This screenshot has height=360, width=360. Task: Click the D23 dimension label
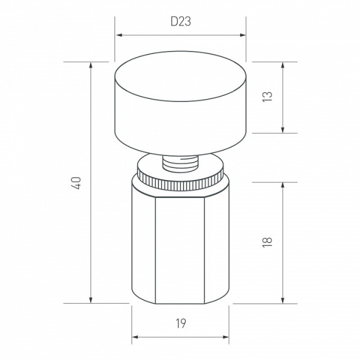point(181,22)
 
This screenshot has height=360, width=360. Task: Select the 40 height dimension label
point(77,183)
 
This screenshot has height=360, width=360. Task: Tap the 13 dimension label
point(267,97)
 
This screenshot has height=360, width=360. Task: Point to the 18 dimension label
point(267,242)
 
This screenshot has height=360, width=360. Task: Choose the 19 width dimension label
point(181,324)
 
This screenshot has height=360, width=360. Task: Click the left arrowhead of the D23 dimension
point(119,35)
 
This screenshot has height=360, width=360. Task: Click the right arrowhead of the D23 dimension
point(242,35)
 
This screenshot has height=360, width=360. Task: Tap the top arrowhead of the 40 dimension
point(91,65)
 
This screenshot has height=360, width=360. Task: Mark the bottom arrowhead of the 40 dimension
point(91,300)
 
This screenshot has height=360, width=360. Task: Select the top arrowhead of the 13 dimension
point(283,65)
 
